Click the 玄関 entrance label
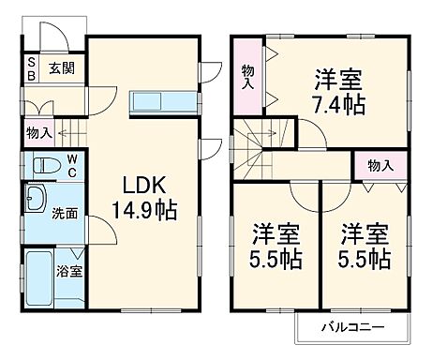(x=63, y=67)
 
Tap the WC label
(x=70, y=166)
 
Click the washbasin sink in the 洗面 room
(x=38, y=200)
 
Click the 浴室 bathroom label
(x=68, y=272)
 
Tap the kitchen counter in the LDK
(x=163, y=101)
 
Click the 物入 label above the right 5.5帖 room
(x=380, y=166)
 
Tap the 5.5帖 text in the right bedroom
(x=365, y=256)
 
